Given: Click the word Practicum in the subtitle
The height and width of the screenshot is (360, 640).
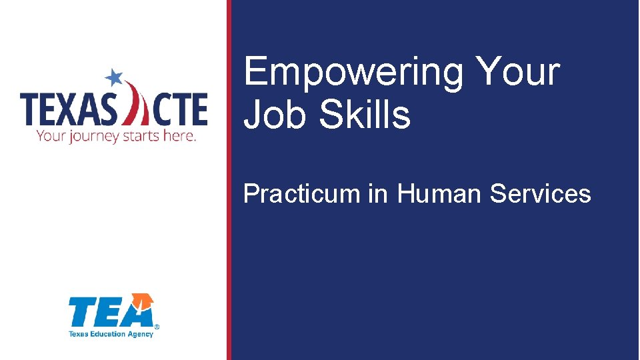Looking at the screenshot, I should coord(301,194).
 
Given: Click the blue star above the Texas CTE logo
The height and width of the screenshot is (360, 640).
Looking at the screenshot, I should coord(115,77).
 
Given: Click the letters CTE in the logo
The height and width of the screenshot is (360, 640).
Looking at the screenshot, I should coord(179,110).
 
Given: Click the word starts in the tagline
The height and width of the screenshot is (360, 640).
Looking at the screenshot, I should coord(143,136).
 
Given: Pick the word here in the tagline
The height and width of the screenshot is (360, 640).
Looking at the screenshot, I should coord(181,136).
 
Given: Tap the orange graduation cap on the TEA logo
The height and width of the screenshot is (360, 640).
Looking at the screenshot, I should coord(143,302).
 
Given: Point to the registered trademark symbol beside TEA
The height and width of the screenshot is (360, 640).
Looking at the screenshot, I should coord(157,327).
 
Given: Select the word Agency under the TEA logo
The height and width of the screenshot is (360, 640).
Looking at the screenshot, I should coord(141,334).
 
